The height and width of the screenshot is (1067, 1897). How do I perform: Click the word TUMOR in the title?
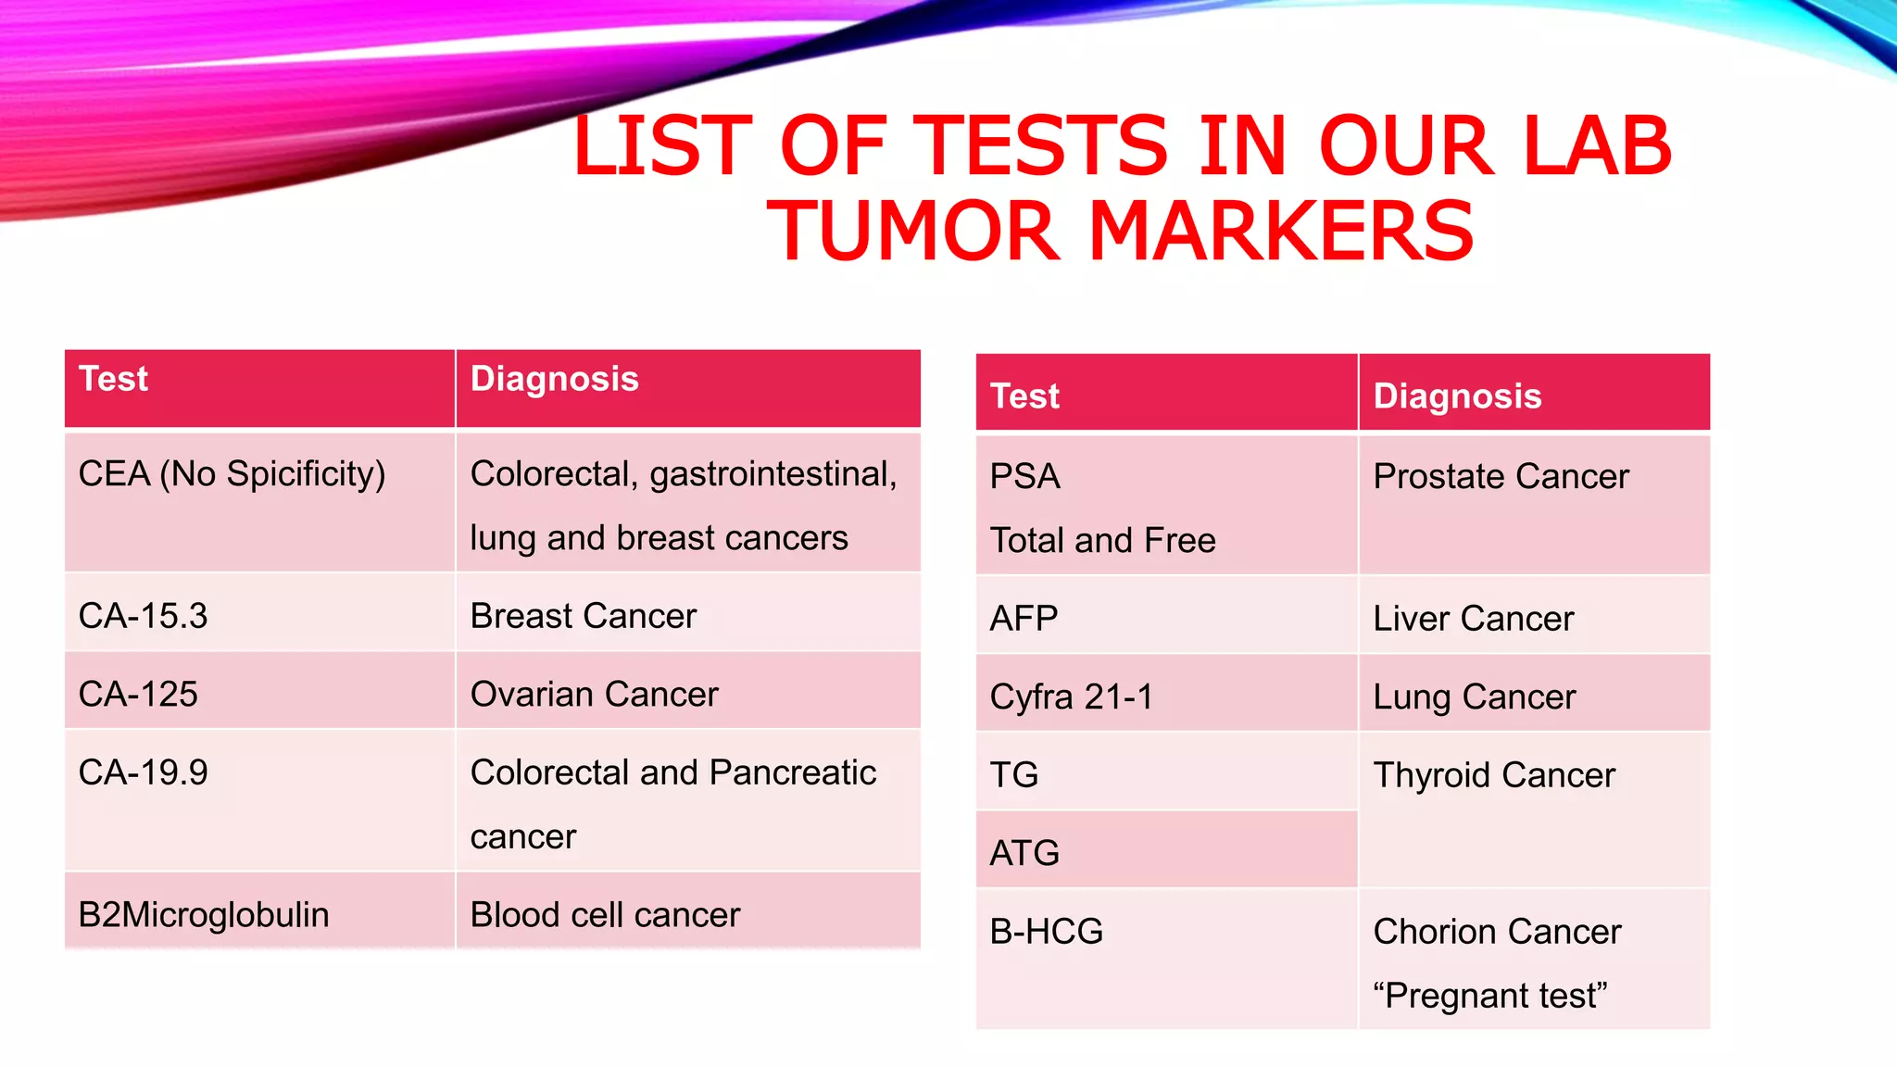point(912,231)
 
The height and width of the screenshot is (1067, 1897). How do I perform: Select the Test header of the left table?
point(113,379)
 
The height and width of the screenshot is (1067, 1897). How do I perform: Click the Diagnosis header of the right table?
point(1456,396)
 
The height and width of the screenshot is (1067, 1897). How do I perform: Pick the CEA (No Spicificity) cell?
point(232,474)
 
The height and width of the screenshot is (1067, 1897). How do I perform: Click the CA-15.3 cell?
point(143,616)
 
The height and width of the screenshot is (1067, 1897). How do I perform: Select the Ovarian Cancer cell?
point(594,695)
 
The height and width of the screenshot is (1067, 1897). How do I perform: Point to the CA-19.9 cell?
point(143,772)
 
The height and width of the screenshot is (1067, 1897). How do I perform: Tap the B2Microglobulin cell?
point(203,915)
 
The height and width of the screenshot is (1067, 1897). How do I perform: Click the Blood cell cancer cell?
point(605,915)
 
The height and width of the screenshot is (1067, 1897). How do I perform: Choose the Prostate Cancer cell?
point(1501,477)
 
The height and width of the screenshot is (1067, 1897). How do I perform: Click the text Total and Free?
point(1102,540)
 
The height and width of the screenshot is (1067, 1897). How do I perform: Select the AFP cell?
point(1024,619)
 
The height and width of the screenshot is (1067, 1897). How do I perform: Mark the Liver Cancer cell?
point(1473,619)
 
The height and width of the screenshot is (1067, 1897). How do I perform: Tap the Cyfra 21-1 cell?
point(1072,697)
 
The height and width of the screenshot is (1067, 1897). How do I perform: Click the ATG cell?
point(1024,853)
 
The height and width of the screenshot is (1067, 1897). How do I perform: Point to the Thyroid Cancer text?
point(1493,775)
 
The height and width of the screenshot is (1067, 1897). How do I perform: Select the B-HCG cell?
point(1046,932)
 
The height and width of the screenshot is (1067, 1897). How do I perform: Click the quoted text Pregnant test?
point(1489,996)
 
